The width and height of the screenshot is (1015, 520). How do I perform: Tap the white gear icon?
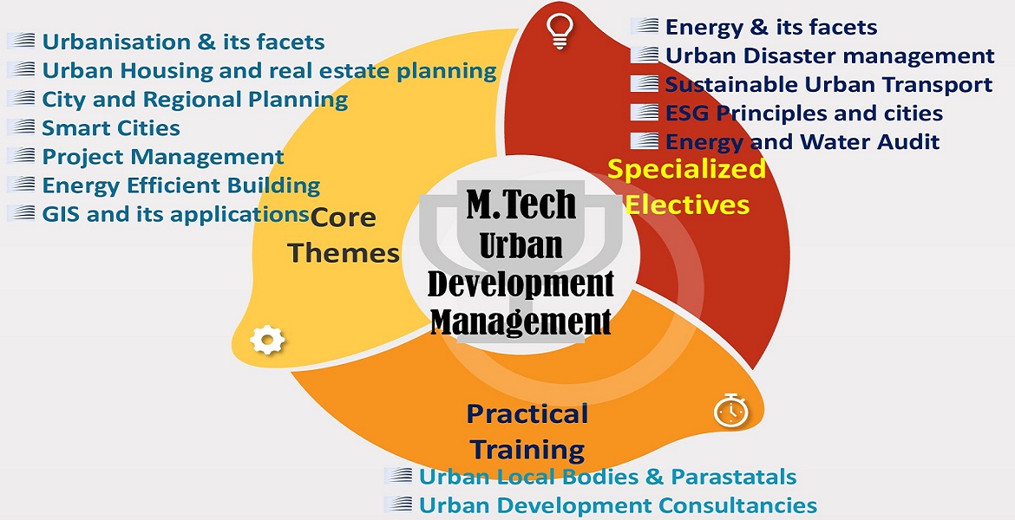coord(267,340)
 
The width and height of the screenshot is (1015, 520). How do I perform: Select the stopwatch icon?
coord(730,409)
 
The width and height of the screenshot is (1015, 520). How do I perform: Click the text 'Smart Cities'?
coord(111,128)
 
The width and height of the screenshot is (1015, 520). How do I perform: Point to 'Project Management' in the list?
coord(163,157)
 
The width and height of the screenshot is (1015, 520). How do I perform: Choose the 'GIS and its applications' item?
coord(175,213)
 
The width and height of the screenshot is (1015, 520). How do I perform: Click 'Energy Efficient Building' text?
coord(181,185)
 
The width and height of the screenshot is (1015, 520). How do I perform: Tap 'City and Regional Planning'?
coord(195,100)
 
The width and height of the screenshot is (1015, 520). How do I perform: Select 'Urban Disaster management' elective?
coord(830,55)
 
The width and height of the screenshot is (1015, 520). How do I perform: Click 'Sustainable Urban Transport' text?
coord(828,85)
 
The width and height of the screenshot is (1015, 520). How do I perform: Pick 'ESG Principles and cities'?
coord(804,114)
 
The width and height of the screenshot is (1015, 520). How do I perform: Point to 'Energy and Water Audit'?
coord(802,141)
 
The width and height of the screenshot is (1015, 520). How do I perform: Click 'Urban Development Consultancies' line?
coord(619,505)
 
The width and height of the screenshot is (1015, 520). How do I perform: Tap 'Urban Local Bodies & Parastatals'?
coord(608,478)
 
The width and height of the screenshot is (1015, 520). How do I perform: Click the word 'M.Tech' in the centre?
coord(521,204)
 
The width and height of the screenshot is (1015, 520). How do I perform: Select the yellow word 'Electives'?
coord(687,205)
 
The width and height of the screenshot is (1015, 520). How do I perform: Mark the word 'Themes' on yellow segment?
coord(343,253)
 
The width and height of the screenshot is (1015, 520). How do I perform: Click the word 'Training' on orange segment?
coord(527,449)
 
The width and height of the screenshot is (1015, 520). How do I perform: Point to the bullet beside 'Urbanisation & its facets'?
coord(21,41)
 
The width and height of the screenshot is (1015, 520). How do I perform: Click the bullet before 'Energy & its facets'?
coord(644,26)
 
